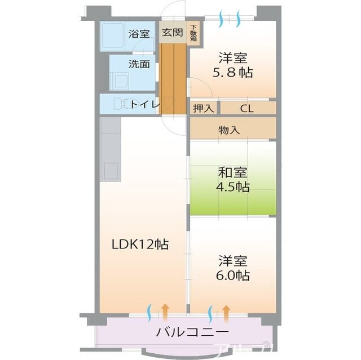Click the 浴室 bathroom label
[x=139, y=33]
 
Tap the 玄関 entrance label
[x=172, y=32]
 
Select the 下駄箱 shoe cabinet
[x=193, y=33]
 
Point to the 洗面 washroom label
[x=139, y=64]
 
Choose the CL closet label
[x=246, y=108]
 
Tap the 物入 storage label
[x=229, y=130]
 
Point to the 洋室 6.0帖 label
[x=234, y=269]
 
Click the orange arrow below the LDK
[x=165, y=310]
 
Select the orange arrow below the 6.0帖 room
[x=226, y=310]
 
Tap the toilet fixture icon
[x=118, y=104]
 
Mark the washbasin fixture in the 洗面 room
[x=120, y=79]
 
